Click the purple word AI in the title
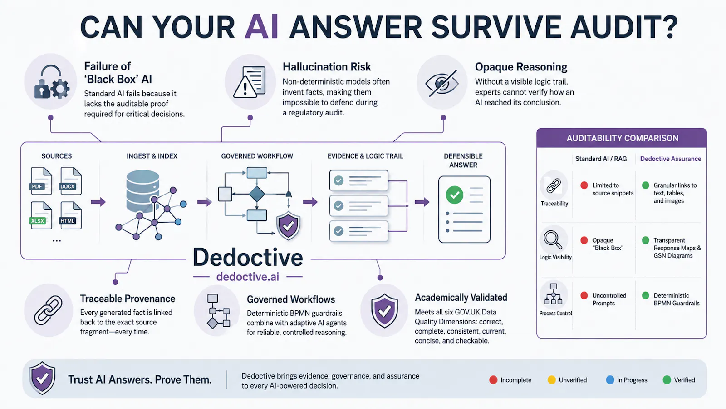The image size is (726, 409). (261, 27)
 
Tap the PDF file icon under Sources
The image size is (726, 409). (41, 181)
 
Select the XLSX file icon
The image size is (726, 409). (41, 215)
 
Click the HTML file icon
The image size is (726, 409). (71, 215)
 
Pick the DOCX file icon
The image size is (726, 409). (71, 181)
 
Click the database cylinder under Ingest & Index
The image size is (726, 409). (142, 191)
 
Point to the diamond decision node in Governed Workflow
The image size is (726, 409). (257, 194)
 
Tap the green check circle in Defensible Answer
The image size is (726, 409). (454, 195)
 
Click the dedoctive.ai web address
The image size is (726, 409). (248, 277)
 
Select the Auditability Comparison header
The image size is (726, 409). (622, 138)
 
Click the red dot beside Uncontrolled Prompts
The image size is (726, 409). (584, 295)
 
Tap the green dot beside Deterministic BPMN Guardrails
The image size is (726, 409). (646, 295)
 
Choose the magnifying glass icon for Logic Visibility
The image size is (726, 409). (553, 239)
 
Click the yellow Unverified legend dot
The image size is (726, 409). (552, 380)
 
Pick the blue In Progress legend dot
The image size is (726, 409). (610, 380)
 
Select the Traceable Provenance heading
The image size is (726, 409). (128, 299)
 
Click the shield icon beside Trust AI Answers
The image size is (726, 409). (42, 378)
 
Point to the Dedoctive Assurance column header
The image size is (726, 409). (671, 159)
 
